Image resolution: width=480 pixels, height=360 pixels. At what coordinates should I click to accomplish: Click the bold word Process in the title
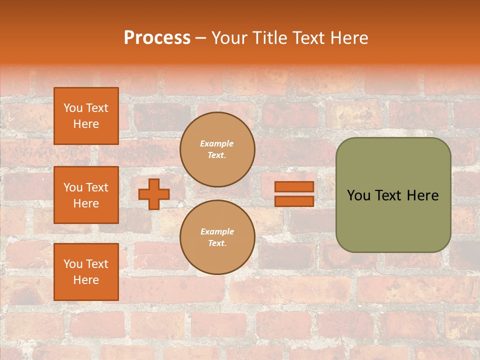[157, 38]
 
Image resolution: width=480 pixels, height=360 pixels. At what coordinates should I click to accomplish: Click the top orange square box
[86, 116]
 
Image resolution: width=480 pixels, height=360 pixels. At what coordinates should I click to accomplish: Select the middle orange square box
[86, 195]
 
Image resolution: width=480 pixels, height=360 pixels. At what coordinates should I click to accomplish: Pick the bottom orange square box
[86, 272]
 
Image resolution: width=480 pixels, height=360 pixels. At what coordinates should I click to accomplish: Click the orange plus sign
[154, 194]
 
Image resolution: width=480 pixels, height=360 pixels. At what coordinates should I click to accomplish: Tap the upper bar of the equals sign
[294, 186]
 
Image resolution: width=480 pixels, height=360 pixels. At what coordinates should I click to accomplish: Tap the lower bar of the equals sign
[294, 201]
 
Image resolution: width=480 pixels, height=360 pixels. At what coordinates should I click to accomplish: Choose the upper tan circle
[217, 149]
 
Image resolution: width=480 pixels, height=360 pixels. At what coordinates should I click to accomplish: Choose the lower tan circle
[217, 237]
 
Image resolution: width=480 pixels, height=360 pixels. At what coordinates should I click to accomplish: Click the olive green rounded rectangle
[393, 194]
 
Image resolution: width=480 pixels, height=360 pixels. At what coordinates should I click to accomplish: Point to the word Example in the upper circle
[217, 144]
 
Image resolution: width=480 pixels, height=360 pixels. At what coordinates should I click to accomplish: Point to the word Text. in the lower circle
[217, 243]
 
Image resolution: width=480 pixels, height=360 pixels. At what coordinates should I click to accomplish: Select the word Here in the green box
[422, 195]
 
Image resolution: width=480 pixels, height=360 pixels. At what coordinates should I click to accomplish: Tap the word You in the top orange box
[72, 108]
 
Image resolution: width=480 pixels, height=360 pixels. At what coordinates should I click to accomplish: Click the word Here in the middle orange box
[86, 203]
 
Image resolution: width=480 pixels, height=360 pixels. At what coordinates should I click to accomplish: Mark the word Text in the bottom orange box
[97, 264]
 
